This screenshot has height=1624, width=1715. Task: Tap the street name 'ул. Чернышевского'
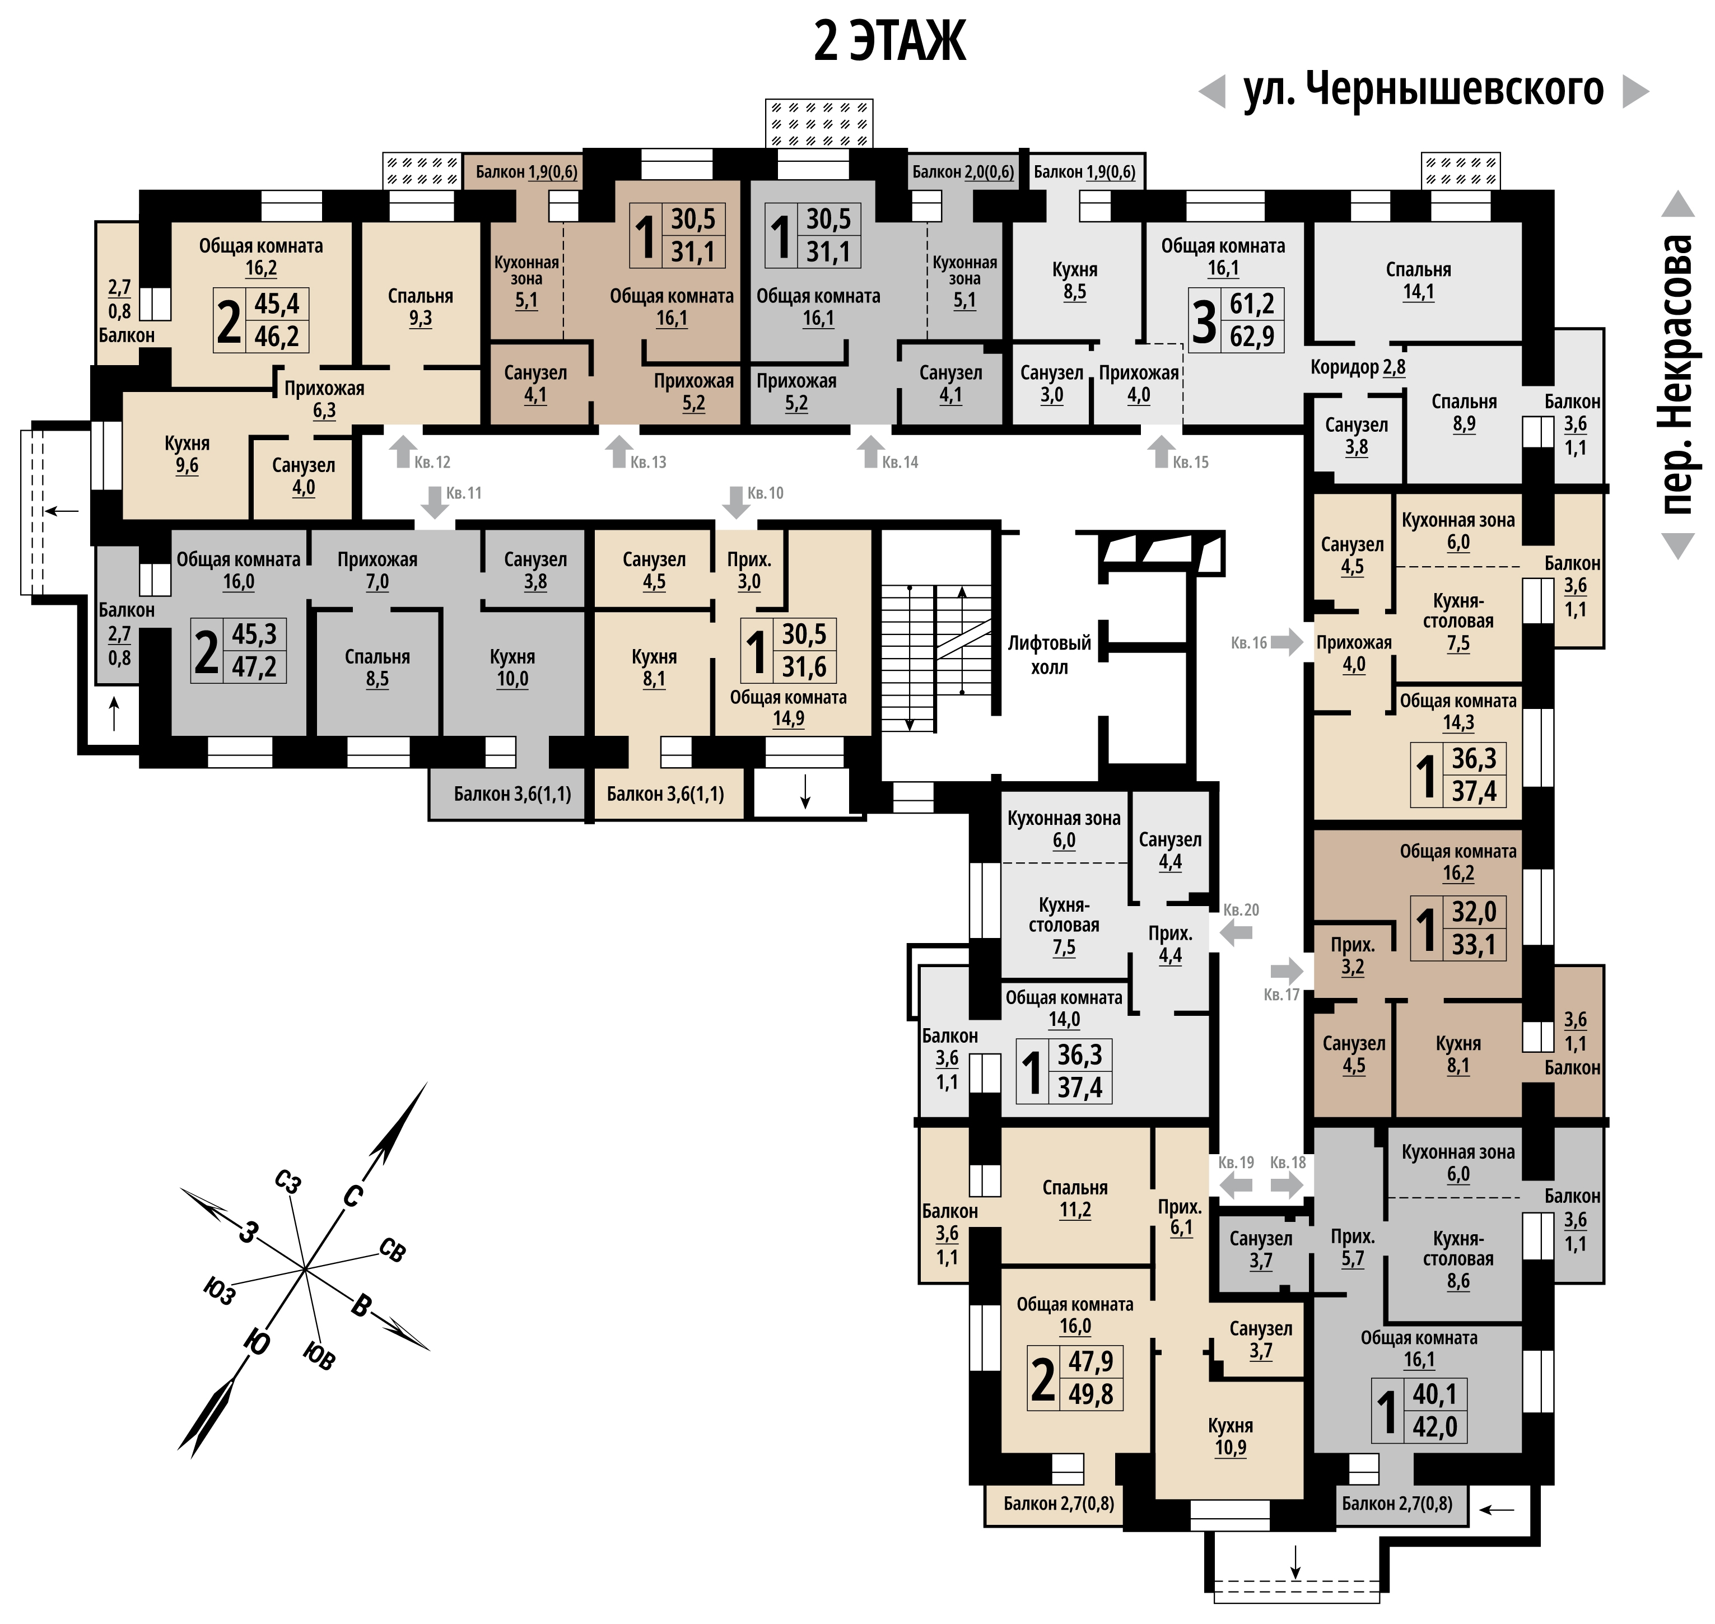(x=1423, y=90)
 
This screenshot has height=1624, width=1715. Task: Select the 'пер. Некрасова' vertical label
(x=1678, y=374)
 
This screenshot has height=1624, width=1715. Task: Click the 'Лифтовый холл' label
(x=1049, y=655)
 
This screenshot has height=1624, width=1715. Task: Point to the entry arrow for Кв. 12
(x=403, y=452)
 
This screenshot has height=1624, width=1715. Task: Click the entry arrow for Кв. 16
(x=1287, y=642)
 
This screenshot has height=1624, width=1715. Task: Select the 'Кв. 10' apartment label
(x=765, y=493)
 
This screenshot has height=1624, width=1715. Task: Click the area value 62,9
(x=1252, y=336)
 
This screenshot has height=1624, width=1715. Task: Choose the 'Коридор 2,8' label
(x=1358, y=367)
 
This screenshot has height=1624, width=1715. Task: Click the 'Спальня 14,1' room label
(x=1418, y=281)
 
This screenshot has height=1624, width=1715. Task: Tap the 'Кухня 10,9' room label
(x=1230, y=1436)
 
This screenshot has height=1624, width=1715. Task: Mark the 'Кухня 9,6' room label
(x=187, y=455)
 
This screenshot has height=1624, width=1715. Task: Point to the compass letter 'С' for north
(x=352, y=1196)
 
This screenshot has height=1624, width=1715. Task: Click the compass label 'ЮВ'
(x=319, y=1356)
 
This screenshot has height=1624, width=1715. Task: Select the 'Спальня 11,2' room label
(x=1075, y=1199)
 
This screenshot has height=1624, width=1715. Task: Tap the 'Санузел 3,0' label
(x=1052, y=384)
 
